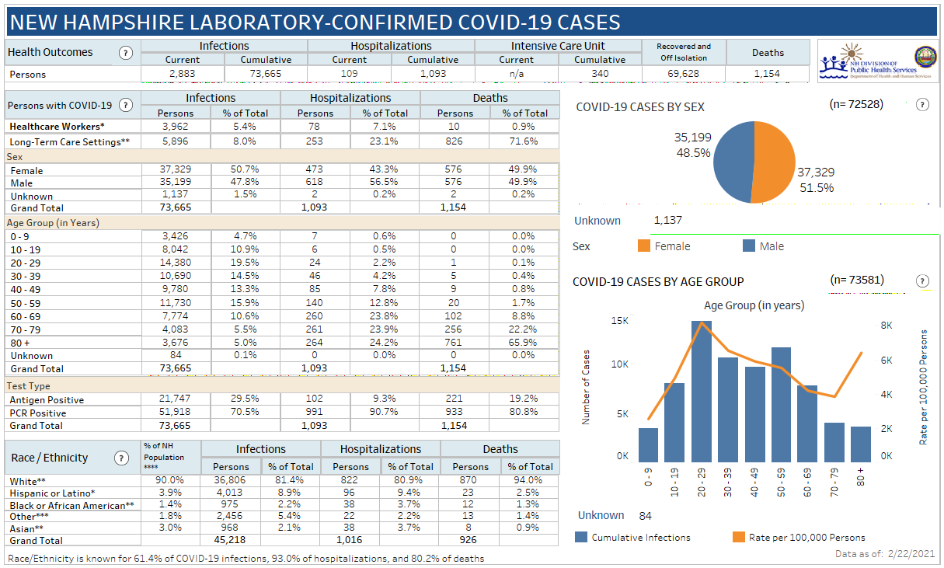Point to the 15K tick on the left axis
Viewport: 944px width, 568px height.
point(620,321)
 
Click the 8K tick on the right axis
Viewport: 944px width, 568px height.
point(886,326)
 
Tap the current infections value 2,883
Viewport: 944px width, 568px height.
point(182,74)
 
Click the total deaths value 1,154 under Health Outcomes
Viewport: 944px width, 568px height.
point(767,74)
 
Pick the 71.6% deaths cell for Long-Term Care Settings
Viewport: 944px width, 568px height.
point(524,141)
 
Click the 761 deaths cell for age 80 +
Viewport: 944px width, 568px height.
point(455,343)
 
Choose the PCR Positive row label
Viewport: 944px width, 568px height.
point(38,413)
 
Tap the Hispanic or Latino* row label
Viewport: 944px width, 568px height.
point(52,493)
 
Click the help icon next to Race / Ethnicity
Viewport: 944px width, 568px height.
point(121,458)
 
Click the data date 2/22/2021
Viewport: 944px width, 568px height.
point(909,554)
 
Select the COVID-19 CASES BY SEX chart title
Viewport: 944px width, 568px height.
point(640,107)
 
